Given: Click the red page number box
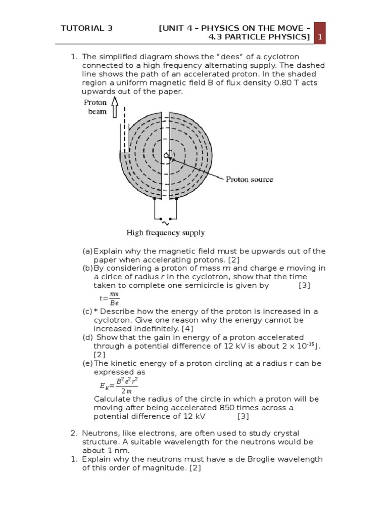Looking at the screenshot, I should pyautogui.click(x=319, y=33).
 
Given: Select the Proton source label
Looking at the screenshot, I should pyautogui.click(x=249, y=179).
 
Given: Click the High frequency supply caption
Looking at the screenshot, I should pyautogui.click(x=165, y=233).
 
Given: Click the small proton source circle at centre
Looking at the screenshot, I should pyautogui.click(x=166, y=156).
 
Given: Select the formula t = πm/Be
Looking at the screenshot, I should pyautogui.click(x=110, y=299).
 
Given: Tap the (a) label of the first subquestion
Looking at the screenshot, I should pyautogui.click(x=87, y=251).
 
